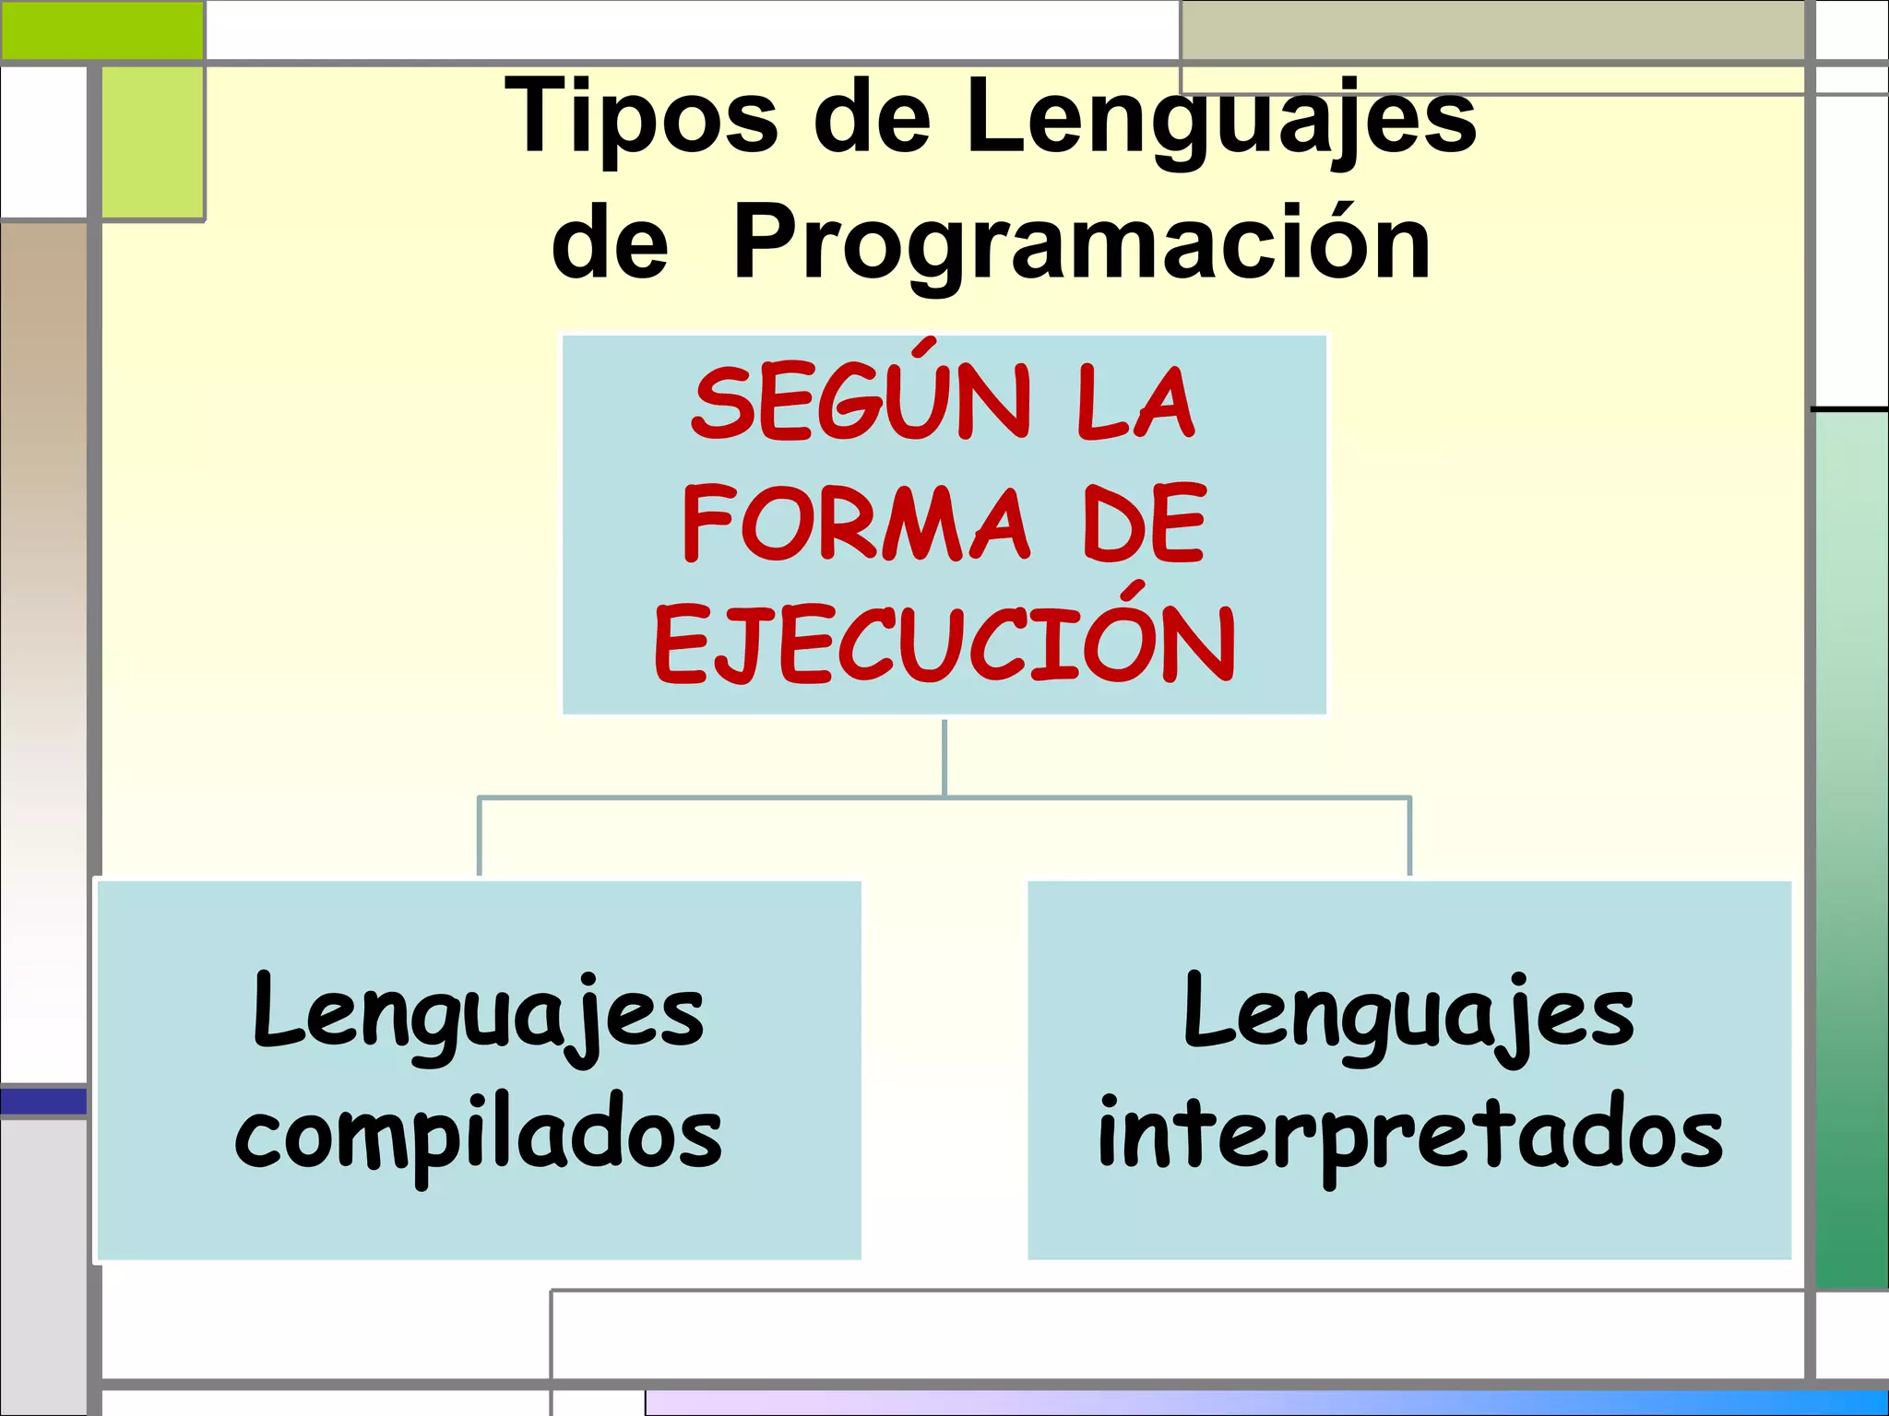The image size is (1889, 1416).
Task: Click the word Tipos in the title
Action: pyautogui.click(x=641, y=117)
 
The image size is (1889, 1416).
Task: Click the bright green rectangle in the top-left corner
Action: pyautogui.click(x=101, y=30)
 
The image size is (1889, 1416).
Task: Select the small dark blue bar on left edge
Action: pyautogui.click(x=43, y=1101)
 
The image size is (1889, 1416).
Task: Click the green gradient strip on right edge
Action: pyautogui.click(x=1851, y=848)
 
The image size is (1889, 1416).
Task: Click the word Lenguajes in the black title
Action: pyautogui.click(x=1220, y=117)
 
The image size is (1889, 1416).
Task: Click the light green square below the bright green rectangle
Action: pyautogui.click(x=152, y=143)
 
